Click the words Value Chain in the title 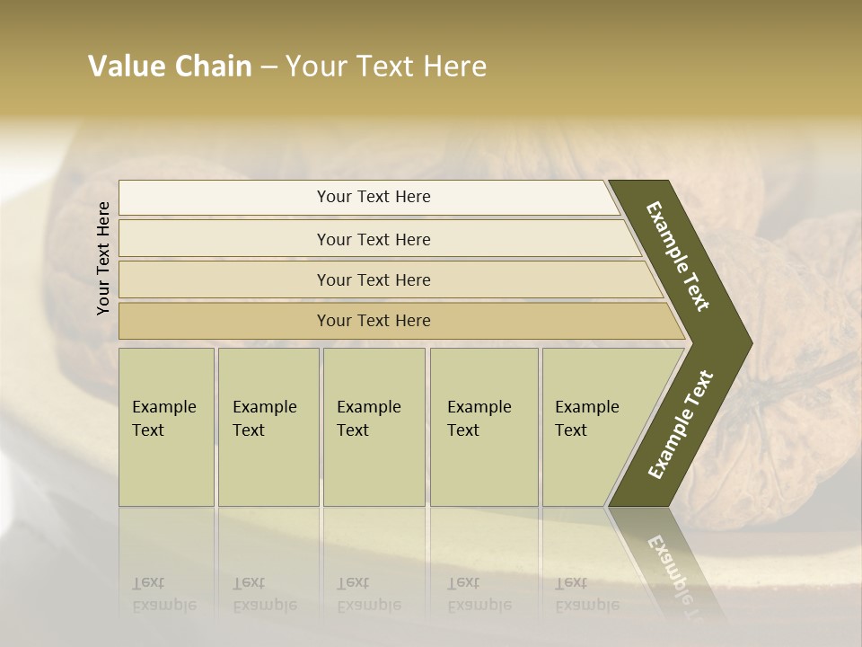point(170,66)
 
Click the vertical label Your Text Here point(103,258)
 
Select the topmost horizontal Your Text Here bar point(373,197)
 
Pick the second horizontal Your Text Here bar point(373,239)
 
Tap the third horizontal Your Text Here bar point(373,279)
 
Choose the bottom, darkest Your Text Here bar point(373,321)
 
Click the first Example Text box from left point(166,427)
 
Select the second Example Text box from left point(268,427)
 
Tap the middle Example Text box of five point(374,427)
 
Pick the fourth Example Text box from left point(484,427)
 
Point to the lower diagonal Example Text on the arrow point(681,424)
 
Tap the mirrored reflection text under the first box point(163,594)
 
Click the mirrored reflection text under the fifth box point(586,594)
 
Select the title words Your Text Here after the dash point(386,66)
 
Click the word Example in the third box point(368,407)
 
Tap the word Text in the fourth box point(462,430)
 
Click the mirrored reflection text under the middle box point(368,594)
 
